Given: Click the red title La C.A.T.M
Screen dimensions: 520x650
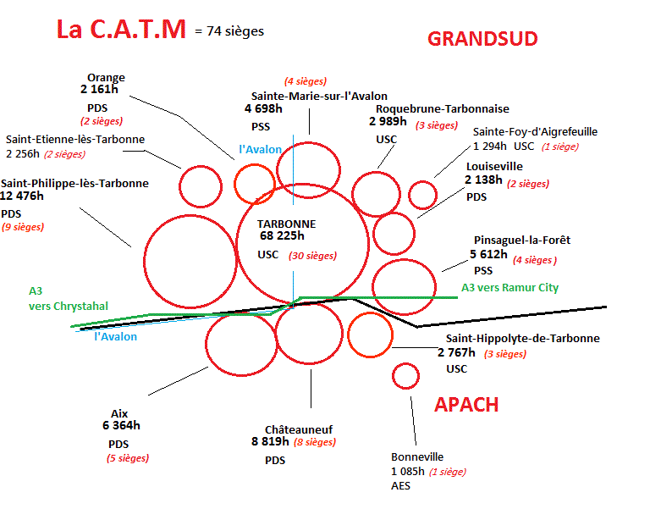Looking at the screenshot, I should point(121,30).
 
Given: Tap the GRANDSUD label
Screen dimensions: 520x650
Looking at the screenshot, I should point(482,38).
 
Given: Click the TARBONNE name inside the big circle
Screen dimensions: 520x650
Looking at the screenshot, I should point(287,224).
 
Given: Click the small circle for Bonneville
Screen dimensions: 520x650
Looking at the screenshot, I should point(406,375).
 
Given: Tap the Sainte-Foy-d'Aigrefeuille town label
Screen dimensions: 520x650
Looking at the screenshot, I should point(535,131).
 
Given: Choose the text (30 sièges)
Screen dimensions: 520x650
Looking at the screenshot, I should point(311,255).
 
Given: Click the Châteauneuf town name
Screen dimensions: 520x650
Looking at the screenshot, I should point(298,429).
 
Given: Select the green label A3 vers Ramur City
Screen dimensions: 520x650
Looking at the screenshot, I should point(510,288).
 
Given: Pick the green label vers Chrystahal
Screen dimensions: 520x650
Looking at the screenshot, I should point(69,306).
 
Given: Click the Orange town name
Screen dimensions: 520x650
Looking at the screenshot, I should point(106,76).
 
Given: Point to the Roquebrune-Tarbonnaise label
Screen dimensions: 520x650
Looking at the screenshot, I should point(442,108).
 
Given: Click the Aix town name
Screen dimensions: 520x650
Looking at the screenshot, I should point(119,413).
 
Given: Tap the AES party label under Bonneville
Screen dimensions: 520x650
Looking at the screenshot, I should point(400,486).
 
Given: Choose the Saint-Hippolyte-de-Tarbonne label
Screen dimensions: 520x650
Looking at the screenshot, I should point(522,338).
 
